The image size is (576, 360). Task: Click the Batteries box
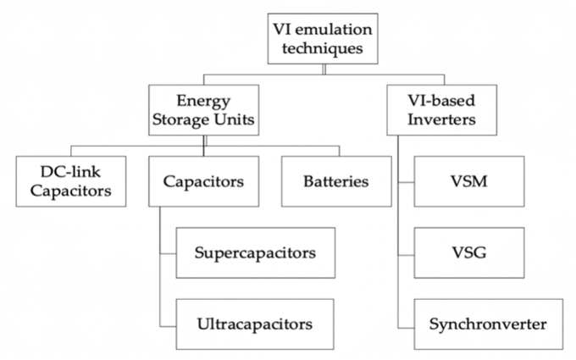pos(335,181)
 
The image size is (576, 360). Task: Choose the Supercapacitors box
pos(254,252)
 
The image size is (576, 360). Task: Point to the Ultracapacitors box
pos(254,324)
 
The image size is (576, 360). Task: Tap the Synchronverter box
pos(487,324)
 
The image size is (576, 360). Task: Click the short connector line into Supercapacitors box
pos(168,252)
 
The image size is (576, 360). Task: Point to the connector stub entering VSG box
pos(406,252)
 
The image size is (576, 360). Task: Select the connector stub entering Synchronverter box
pos(406,324)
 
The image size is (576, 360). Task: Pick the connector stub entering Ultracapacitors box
pos(168,324)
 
